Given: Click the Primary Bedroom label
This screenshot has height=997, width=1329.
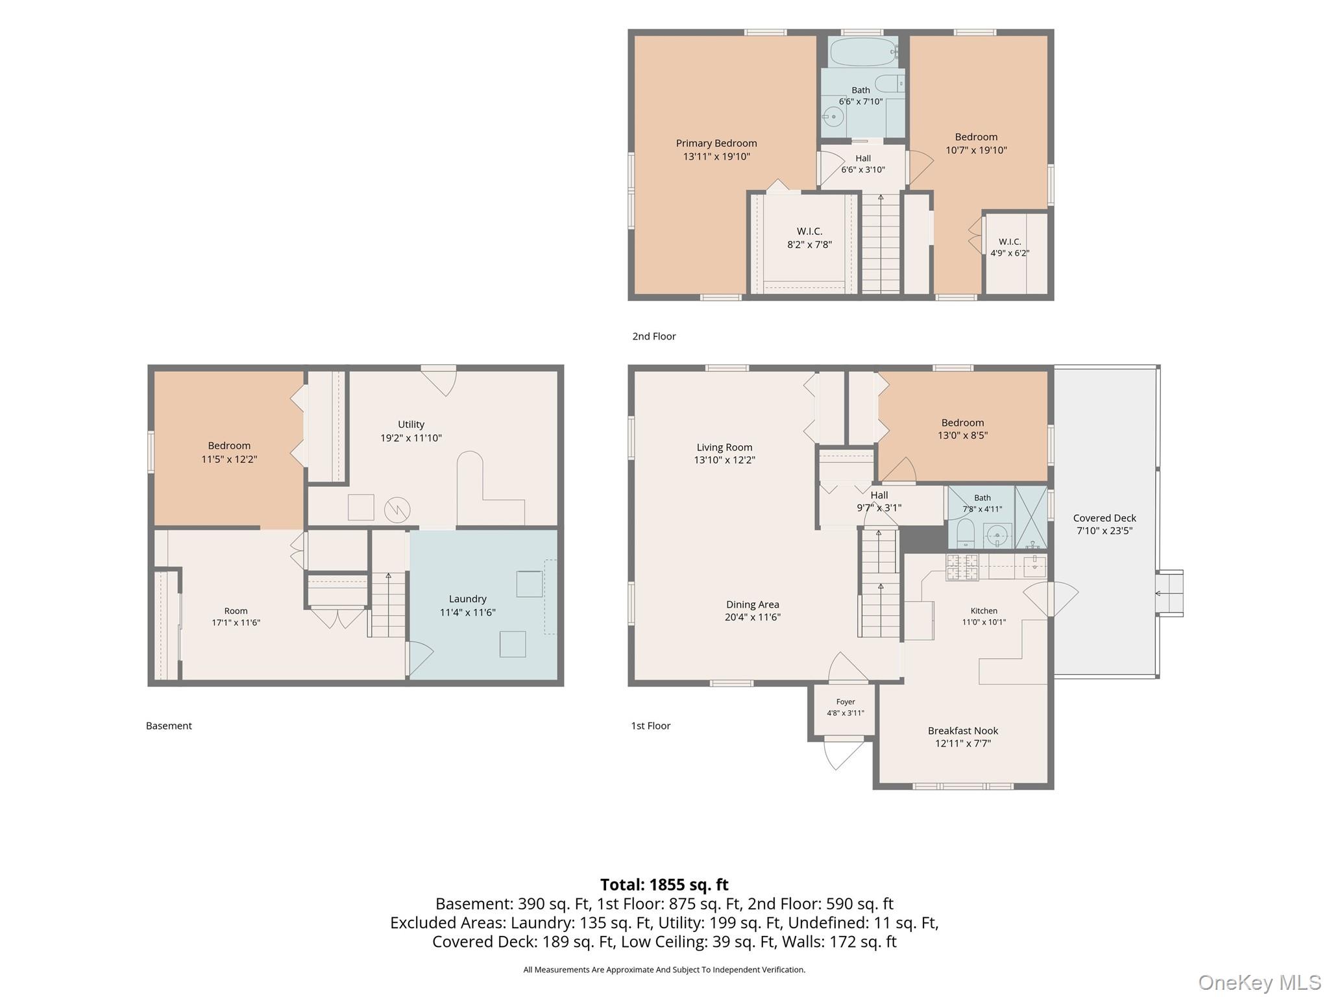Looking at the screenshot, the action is tap(716, 143).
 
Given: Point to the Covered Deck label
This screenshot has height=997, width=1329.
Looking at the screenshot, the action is tap(1104, 518).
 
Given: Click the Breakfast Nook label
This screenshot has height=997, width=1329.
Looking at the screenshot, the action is tap(963, 731).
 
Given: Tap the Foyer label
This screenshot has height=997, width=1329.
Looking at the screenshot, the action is tap(846, 702).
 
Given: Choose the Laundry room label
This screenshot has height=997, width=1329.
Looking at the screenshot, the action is tap(467, 599).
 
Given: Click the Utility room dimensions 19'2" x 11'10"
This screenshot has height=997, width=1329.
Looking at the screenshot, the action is tap(411, 438).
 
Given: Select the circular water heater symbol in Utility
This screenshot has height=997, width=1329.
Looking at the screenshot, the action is tap(397, 510).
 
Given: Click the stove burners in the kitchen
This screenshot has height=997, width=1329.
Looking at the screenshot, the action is tap(962, 567).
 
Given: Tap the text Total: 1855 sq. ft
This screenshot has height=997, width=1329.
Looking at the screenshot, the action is tap(664, 885).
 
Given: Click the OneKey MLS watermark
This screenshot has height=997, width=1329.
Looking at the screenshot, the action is tap(1260, 982).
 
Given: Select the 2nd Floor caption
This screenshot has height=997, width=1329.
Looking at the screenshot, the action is tap(654, 336).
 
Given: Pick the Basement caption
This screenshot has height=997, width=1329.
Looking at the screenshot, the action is tap(169, 726).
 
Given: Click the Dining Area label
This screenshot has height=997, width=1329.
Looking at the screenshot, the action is tap(753, 604).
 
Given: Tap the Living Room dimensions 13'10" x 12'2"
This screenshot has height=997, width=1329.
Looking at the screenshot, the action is tap(725, 460).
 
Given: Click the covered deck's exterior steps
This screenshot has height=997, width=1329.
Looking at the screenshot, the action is tap(1169, 593).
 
